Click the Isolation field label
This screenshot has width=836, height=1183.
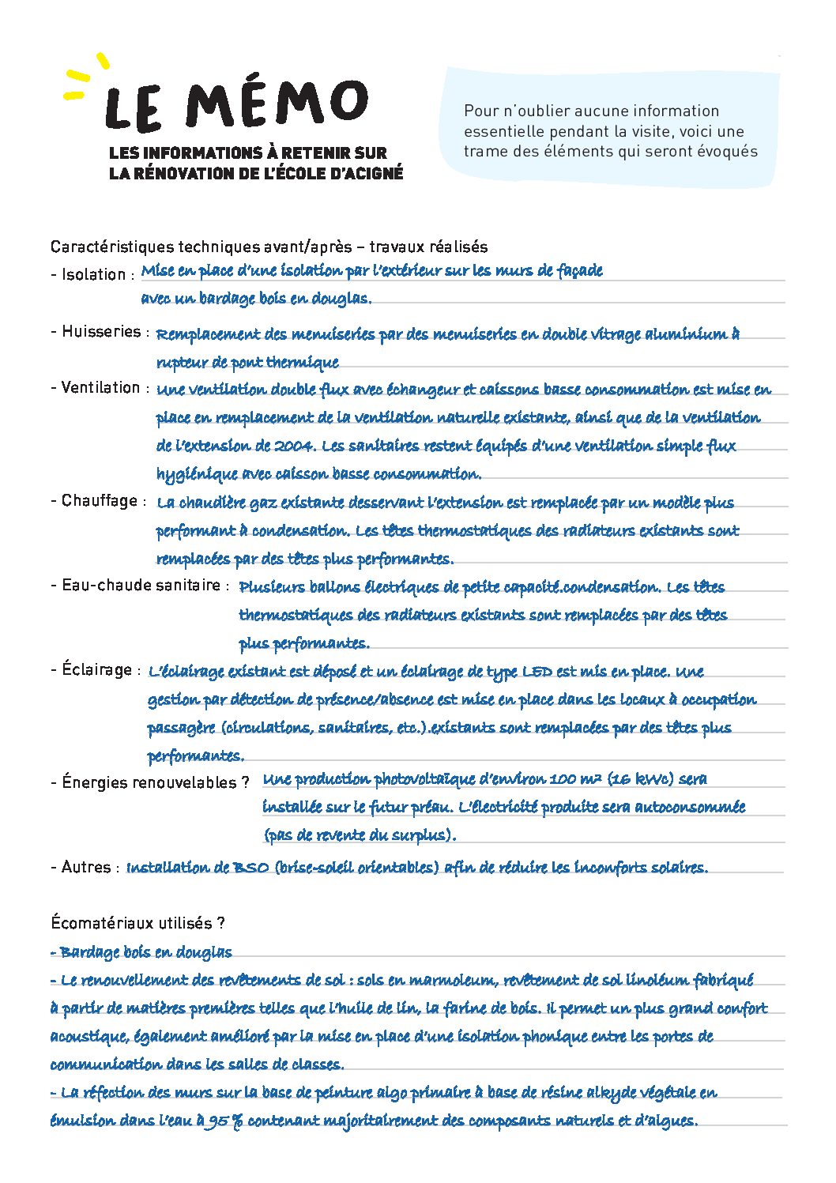[x=92, y=275]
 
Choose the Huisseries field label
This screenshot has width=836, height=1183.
[x=100, y=332]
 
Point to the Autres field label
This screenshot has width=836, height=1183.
[x=85, y=867]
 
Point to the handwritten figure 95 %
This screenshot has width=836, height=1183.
[x=224, y=1121]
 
